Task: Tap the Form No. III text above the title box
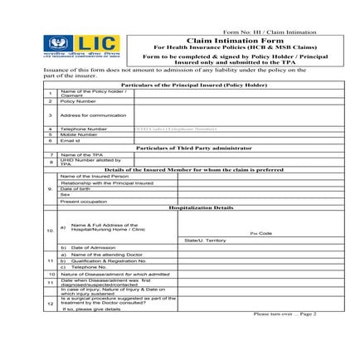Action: point(265,29)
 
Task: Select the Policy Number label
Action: point(75,101)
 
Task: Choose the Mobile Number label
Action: point(77,135)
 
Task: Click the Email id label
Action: point(70,141)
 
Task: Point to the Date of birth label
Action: point(75,188)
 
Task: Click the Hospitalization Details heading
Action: point(200,207)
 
